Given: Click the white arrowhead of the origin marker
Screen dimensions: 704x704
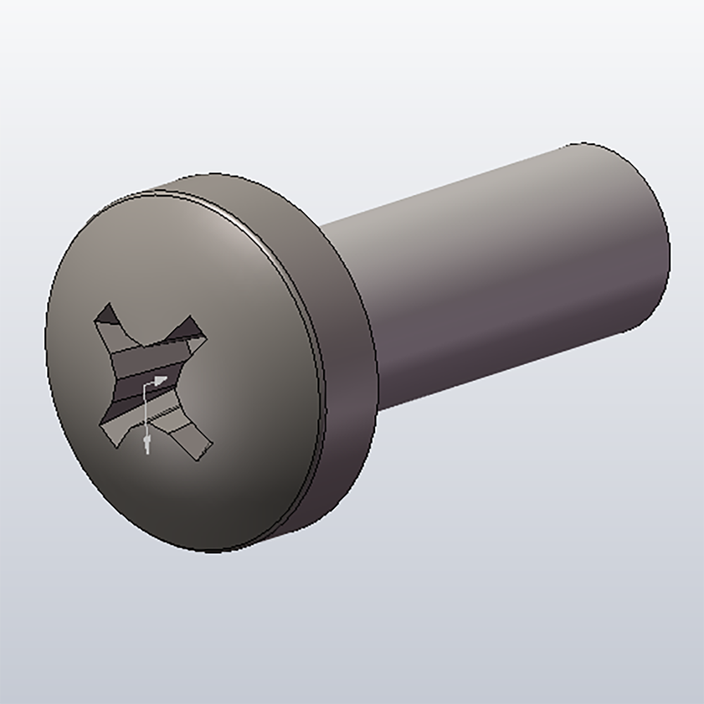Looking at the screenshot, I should (161, 381).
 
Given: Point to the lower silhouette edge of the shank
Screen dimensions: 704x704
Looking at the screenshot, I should (507, 370).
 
